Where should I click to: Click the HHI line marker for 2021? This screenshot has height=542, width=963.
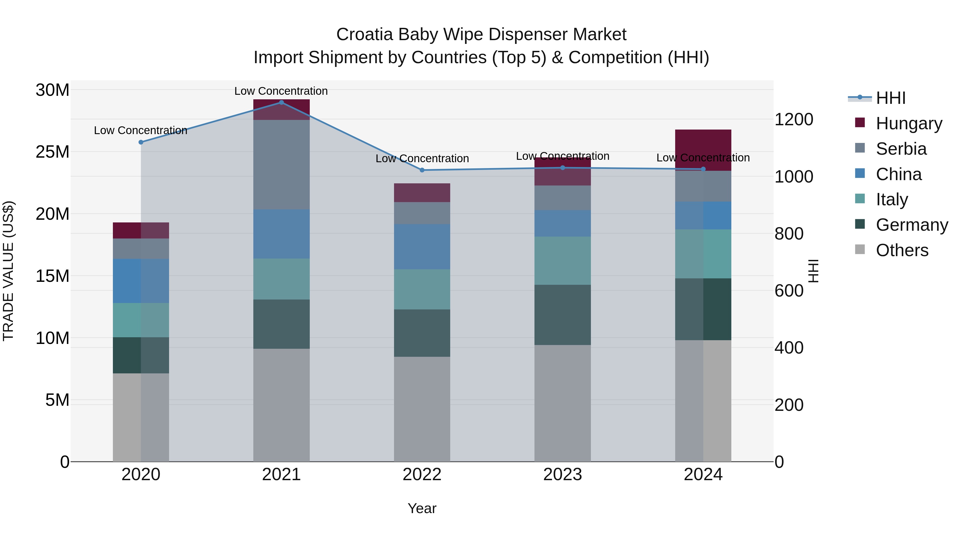tap(281, 103)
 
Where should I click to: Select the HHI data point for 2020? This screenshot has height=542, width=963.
tap(141, 142)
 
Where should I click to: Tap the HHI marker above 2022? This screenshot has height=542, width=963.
tap(422, 170)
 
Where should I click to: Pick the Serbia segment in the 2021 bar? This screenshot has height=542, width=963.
tap(281, 165)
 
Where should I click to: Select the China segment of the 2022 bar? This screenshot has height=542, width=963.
tap(422, 247)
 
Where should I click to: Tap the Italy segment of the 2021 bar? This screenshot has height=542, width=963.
tap(281, 279)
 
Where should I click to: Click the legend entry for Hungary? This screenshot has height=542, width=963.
tap(908, 123)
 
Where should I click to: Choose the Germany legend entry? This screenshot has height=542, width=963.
tap(911, 225)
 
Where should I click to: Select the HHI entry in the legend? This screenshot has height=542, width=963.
tap(891, 98)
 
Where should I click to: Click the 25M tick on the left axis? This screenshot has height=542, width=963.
tap(52, 152)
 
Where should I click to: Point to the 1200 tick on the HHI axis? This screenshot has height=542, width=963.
tap(794, 120)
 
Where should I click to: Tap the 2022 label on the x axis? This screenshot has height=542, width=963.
tap(422, 475)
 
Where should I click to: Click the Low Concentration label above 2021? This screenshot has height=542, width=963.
tap(281, 91)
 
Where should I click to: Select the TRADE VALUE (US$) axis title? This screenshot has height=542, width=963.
tap(8, 271)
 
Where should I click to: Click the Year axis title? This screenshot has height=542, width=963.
tap(422, 508)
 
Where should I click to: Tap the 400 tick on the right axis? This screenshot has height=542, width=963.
tap(789, 348)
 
